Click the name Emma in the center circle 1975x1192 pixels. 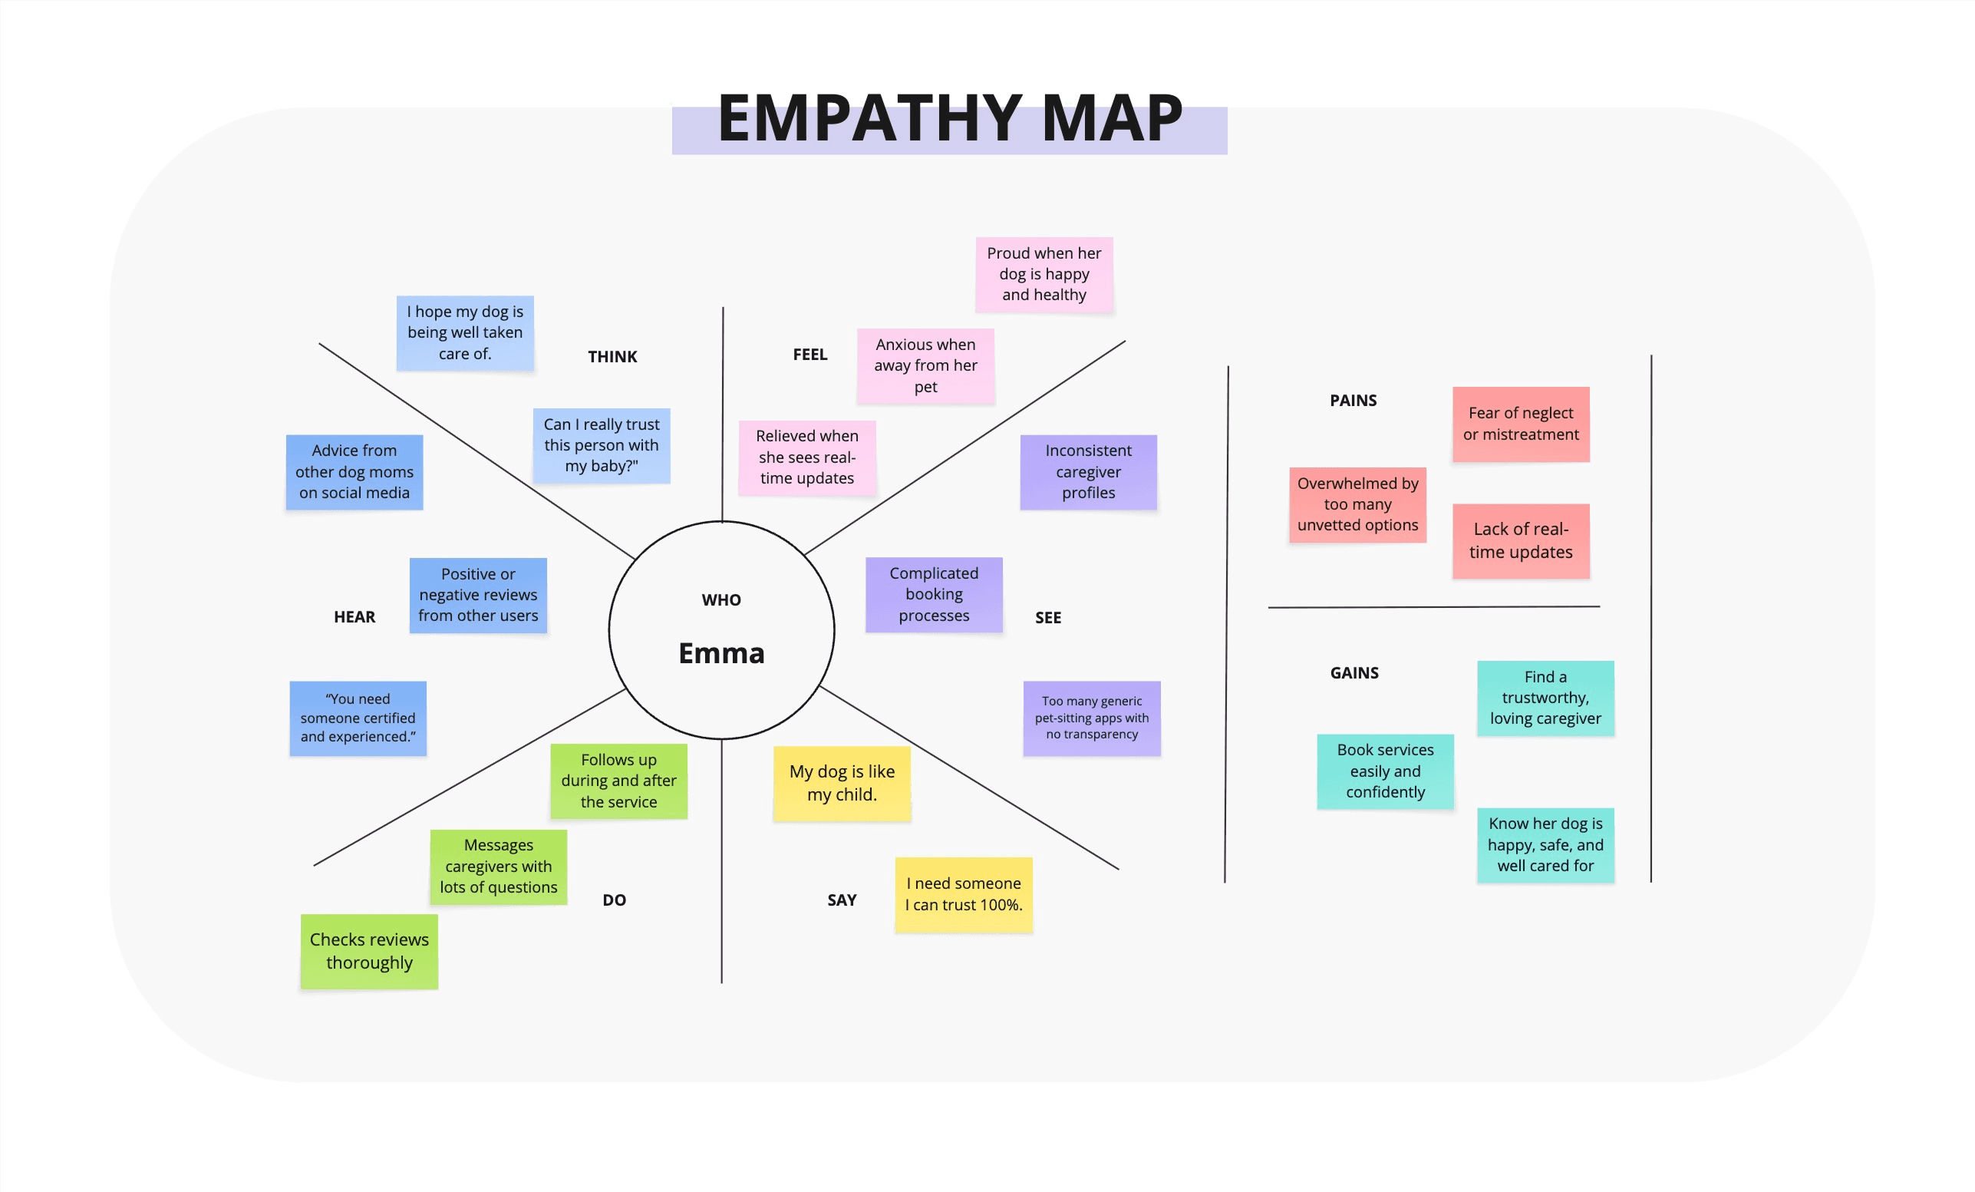[721, 653]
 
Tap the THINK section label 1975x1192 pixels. [612, 357]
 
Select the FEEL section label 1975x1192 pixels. [809, 355]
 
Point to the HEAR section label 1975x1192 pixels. [354, 616]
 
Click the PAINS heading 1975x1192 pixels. [1353, 400]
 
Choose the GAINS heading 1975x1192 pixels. [1353, 672]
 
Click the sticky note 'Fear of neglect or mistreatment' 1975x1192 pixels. [1521, 424]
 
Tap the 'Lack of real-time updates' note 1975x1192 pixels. [1521, 541]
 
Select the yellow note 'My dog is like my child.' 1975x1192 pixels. [842, 783]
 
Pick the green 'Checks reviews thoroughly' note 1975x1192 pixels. [369, 951]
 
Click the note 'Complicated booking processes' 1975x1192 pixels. [934, 594]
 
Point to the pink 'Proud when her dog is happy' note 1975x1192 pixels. [1044, 274]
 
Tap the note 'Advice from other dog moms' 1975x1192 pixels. [354, 471]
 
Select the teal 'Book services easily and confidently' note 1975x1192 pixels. [1385, 771]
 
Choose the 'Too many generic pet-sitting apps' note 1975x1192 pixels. [1092, 718]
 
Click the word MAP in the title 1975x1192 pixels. [1112, 119]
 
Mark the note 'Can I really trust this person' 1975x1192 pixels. [601, 445]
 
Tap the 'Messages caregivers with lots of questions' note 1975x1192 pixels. [499, 866]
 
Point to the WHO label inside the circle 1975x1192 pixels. [721, 599]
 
